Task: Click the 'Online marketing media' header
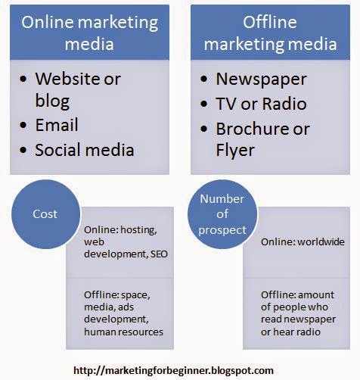pos(90,33)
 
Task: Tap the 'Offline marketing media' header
pos(270,33)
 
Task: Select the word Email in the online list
pos(57,125)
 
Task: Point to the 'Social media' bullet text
pos(84,150)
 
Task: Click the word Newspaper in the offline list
pos(261,79)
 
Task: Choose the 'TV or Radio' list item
pos(261,104)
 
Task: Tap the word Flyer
pos(235,151)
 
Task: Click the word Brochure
pos(253,129)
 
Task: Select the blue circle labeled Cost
pos(45,214)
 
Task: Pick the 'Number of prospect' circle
pos(222,214)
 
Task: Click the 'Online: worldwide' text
pos(303,242)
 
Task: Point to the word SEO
pos(159,254)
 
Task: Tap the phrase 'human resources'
pos(123,332)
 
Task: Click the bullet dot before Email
pos(23,125)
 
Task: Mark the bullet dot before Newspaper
pos(204,79)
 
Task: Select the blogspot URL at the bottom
pos(173,370)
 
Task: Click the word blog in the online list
pos(52,101)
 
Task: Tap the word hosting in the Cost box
pos(138,230)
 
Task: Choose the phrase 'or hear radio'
pos(290,332)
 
